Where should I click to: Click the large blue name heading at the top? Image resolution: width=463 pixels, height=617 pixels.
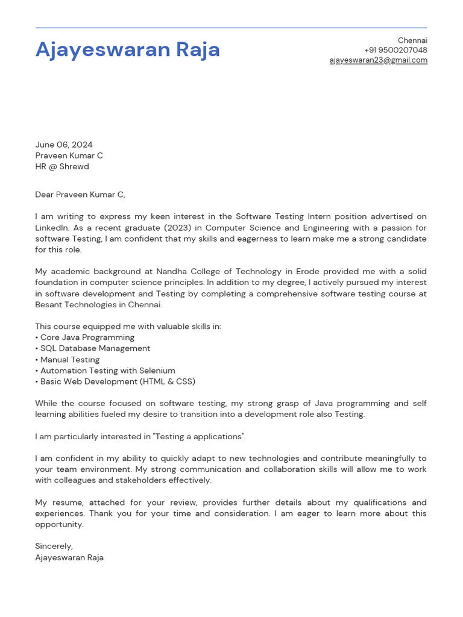[128, 49]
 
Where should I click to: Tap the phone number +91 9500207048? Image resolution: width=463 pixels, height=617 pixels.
[395, 50]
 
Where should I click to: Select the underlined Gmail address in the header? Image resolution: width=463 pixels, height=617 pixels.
[378, 60]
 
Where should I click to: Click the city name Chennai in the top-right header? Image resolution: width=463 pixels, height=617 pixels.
[412, 40]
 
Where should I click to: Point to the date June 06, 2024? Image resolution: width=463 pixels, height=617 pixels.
[64, 145]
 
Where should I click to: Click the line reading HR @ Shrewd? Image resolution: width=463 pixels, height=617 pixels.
[62, 166]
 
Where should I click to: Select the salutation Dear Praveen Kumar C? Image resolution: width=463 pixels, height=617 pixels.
[80, 195]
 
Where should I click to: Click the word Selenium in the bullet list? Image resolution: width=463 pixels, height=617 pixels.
[157, 371]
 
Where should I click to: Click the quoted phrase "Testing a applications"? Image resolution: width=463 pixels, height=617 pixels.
[200, 436]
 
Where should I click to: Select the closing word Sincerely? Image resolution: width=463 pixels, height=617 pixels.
[54, 546]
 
